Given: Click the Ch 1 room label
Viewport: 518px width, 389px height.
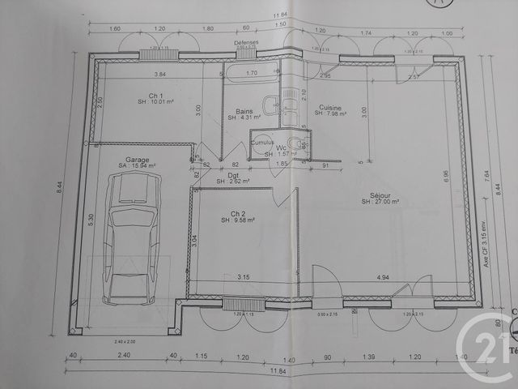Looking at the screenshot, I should point(146,96).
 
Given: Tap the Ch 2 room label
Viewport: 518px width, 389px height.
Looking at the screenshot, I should point(237,213).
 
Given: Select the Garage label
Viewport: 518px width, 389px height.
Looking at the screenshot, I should point(137,160).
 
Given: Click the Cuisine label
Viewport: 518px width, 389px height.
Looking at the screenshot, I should point(330,108).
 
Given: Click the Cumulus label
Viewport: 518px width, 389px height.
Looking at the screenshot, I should point(262,142).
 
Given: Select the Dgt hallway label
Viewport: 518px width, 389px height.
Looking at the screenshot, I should point(233,175).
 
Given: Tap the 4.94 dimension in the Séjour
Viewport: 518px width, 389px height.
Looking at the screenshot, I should point(384,277).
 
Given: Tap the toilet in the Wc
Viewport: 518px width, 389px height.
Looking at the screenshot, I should point(299,147).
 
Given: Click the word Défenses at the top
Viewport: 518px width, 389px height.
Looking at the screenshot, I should point(246,41).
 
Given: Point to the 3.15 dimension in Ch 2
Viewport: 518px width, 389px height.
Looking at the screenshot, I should point(242,277).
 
